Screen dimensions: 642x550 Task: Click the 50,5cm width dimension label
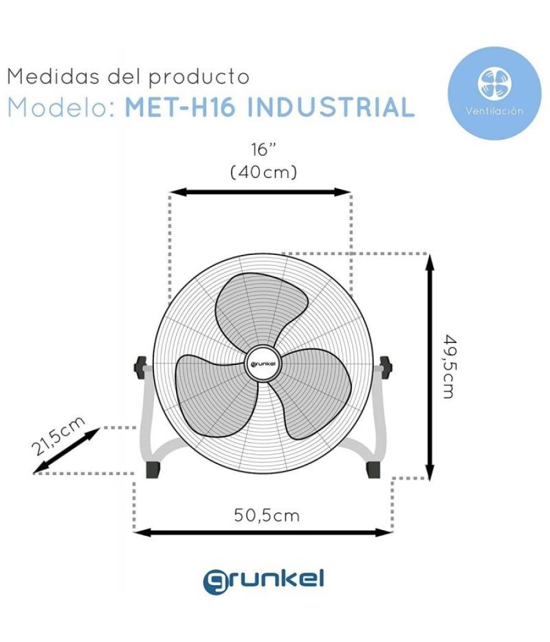267,515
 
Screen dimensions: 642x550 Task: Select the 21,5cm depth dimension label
59,437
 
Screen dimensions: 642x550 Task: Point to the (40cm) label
263,172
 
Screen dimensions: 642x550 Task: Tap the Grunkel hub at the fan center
263,365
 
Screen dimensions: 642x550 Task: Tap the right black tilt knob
386,366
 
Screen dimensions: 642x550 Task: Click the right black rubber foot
373,469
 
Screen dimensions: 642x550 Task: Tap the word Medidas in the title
45,77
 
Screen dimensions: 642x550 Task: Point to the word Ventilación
494,111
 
